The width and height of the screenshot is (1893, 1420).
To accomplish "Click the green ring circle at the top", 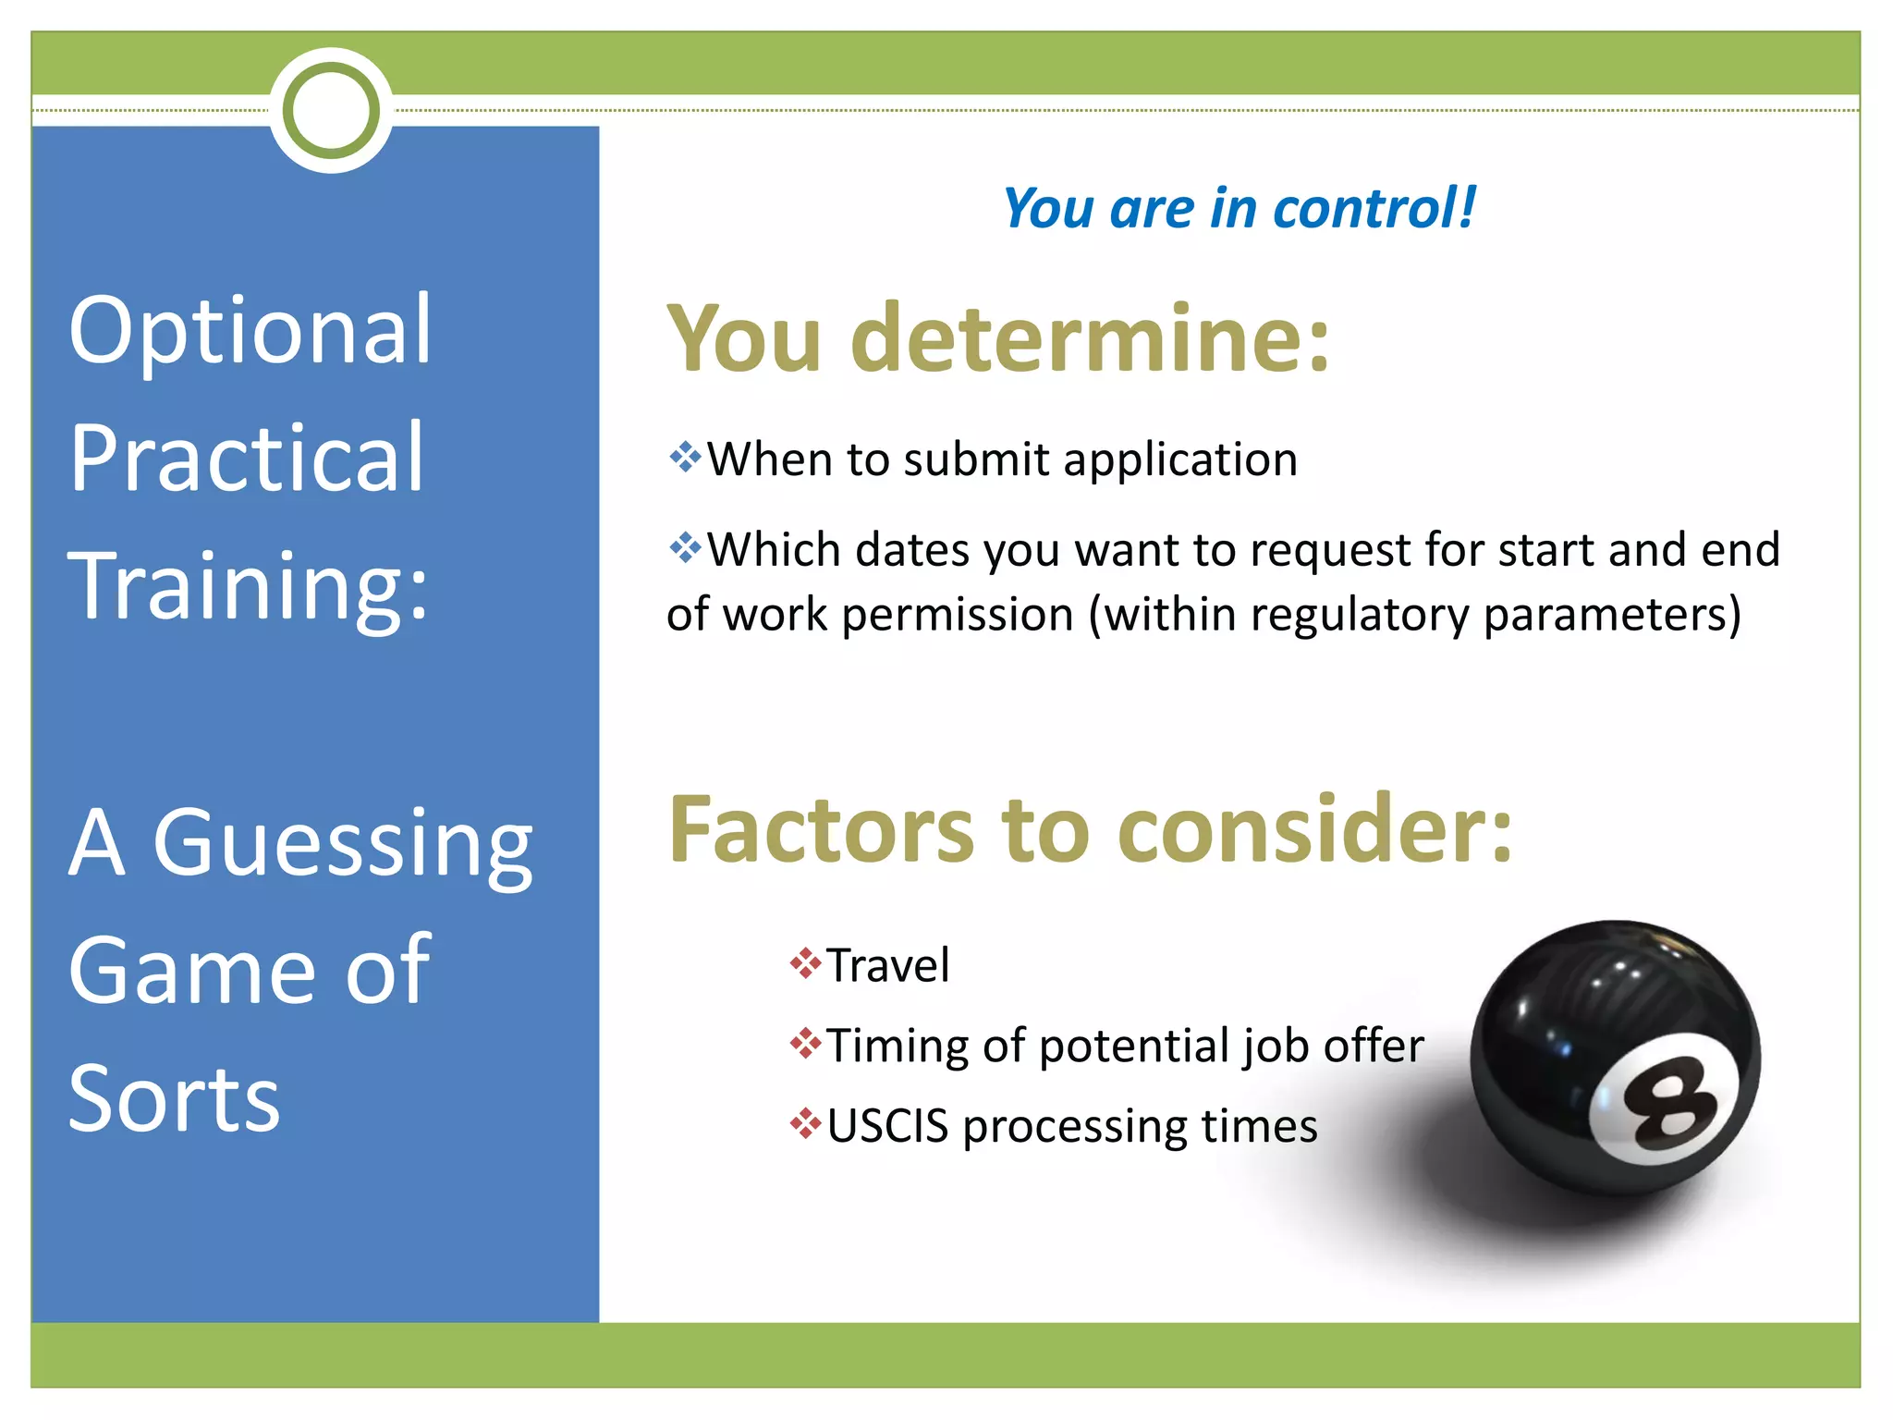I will pos(332,110).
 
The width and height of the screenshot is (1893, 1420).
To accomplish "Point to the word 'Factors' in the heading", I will pos(821,830).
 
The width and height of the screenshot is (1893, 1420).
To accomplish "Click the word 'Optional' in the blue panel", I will pos(250,329).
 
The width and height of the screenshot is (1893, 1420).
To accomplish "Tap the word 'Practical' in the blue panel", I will pos(247,457).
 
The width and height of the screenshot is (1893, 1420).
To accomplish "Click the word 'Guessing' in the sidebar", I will pos(343,843).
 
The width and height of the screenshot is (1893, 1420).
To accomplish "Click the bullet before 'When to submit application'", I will pos(685,457).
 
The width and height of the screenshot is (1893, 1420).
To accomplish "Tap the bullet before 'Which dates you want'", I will pos(685,547).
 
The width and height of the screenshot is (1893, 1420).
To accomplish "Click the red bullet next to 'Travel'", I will pos(805,963).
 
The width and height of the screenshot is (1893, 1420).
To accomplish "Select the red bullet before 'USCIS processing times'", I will pos(805,1124).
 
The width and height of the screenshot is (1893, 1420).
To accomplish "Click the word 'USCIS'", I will pos(887,1126).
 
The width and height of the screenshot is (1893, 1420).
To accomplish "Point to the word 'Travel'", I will pos(887,965).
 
